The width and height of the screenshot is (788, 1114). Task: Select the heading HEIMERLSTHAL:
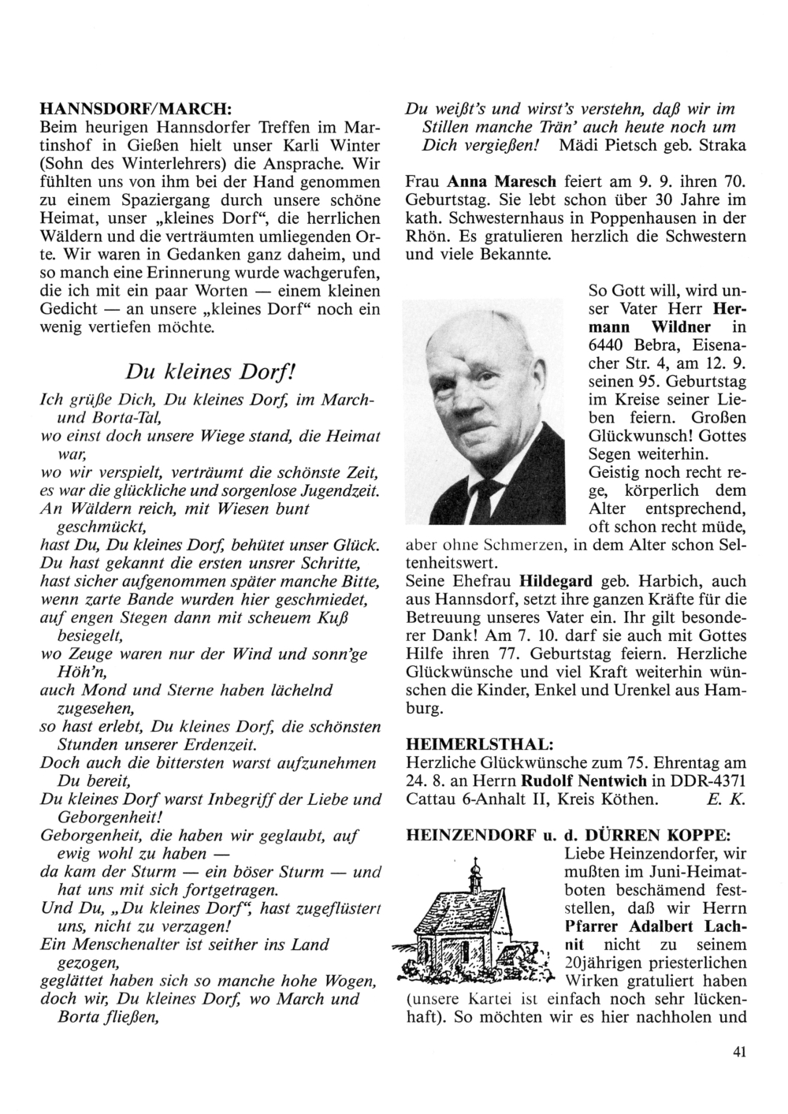[x=478, y=743]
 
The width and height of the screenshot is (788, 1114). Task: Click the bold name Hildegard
[x=556, y=581]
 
